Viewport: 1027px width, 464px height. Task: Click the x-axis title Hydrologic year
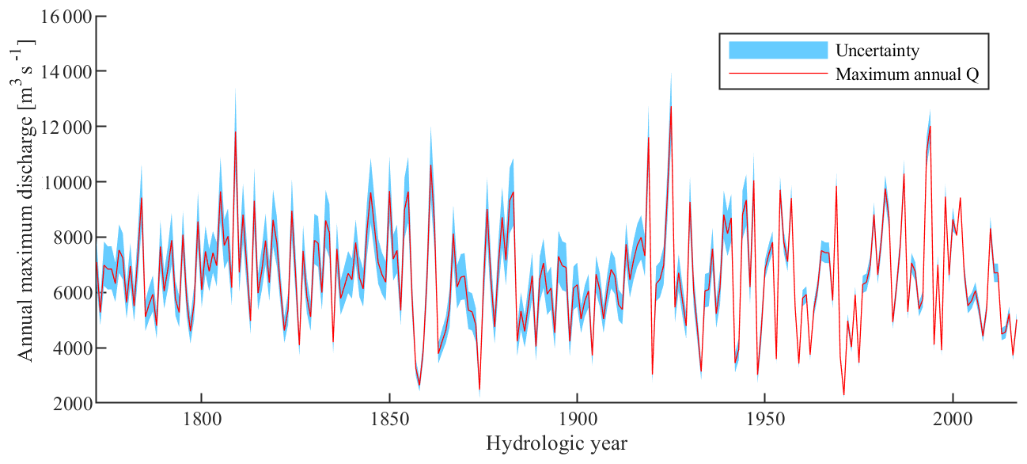[556, 443]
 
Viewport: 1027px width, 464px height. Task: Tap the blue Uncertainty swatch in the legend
[777, 51]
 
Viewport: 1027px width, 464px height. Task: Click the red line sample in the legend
[777, 74]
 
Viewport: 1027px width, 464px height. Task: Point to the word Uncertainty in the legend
[877, 51]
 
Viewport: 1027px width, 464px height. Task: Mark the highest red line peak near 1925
[671, 106]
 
